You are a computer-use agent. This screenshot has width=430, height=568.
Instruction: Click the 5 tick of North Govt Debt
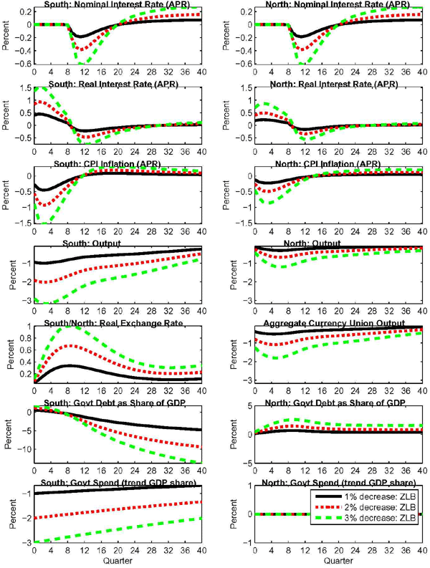point(243,408)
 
